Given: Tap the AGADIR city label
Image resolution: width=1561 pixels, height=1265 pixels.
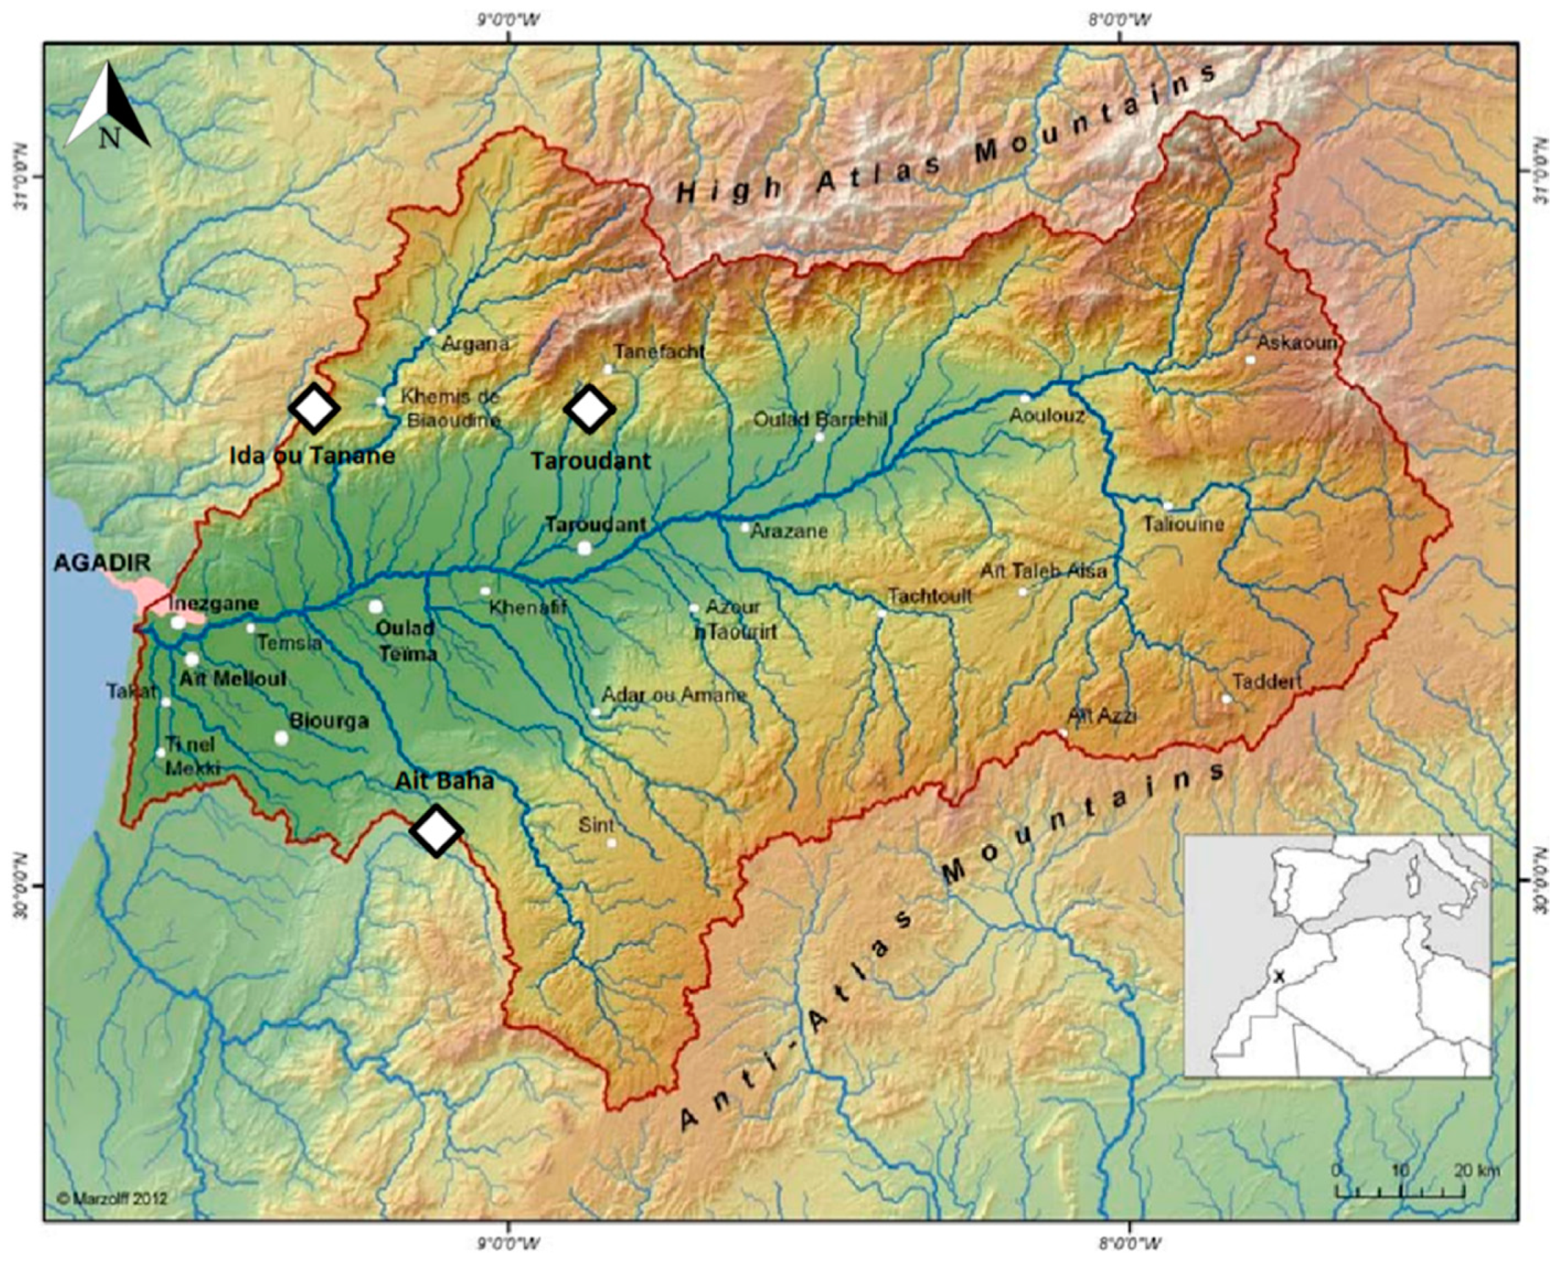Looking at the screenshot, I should [102, 562].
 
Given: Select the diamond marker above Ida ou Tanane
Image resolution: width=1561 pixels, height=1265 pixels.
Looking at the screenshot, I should [314, 409].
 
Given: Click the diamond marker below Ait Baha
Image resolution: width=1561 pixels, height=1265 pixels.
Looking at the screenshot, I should [436, 830].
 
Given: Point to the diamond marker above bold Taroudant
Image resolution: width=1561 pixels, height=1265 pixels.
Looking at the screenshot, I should [590, 409].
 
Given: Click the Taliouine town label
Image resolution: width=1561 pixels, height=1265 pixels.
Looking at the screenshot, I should [1182, 524].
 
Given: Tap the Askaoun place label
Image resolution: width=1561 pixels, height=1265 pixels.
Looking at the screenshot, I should [1296, 342].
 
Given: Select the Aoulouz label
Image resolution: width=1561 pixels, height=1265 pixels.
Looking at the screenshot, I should [1046, 416].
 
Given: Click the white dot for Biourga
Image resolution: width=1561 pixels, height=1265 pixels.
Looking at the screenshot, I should [281, 738].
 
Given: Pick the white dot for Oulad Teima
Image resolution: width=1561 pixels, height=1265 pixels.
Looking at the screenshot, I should [376, 606].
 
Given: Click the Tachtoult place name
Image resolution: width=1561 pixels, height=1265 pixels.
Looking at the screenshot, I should [929, 596].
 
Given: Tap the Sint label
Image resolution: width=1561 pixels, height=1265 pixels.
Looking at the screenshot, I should [596, 825].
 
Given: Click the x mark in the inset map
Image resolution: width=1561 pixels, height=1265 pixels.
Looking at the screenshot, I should [1278, 976].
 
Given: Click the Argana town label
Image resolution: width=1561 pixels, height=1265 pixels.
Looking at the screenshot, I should [475, 343].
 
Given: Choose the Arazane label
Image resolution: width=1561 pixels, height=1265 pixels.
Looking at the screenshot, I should [789, 531].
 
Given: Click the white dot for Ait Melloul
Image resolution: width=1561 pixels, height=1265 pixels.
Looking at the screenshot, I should [192, 659].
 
